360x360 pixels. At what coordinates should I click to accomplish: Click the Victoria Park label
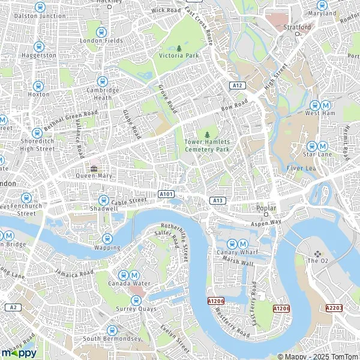point(179,56)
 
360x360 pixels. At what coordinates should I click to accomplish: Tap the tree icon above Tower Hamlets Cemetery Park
point(207,134)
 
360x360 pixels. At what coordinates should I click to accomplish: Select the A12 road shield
point(238,86)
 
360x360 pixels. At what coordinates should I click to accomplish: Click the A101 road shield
point(166,194)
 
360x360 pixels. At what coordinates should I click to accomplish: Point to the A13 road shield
point(217,199)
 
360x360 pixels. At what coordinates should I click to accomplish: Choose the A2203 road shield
point(334,307)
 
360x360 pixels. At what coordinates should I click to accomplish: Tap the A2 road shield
point(12,307)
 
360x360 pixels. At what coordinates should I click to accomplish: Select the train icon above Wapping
point(107,238)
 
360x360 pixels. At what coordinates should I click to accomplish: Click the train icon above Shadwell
point(103,200)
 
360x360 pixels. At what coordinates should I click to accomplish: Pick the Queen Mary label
point(94,176)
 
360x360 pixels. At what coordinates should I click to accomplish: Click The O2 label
point(317,261)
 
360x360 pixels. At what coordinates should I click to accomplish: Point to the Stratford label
point(298,27)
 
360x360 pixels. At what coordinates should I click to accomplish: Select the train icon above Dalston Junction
point(40,7)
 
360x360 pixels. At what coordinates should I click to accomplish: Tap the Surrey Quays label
point(136,309)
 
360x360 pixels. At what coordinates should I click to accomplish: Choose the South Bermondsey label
point(112,339)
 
